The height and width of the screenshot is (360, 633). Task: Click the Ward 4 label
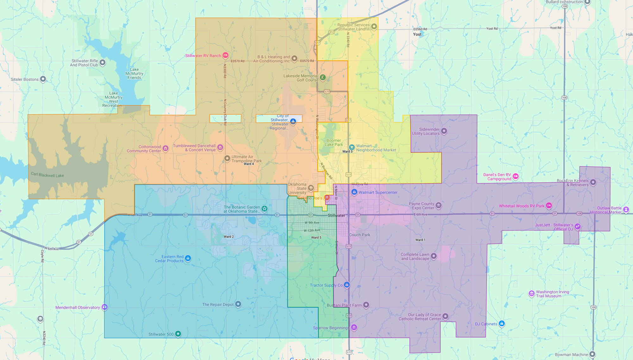click(x=249, y=164)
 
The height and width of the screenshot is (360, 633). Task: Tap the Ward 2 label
click(x=229, y=237)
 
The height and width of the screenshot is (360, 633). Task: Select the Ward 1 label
click(x=420, y=240)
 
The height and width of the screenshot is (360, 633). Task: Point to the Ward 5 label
click(x=316, y=237)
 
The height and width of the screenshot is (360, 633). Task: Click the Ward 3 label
click(x=347, y=152)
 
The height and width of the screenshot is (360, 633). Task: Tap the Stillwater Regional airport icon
click(x=293, y=121)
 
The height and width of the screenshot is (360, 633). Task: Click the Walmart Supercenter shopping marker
click(x=354, y=192)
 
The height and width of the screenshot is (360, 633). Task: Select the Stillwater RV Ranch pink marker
click(x=225, y=55)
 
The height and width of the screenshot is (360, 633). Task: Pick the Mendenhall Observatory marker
click(x=104, y=307)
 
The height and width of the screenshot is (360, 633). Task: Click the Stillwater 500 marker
click(x=178, y=333)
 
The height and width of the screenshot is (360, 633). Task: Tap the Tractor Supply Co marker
click(x=347, y=285)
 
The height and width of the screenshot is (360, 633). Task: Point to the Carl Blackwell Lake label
click(x=47, y=175)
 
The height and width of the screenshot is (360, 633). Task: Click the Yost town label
click(x=417, y=35)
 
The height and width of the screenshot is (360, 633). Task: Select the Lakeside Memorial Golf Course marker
click(x=323, y=77)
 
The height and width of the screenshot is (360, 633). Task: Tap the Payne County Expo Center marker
click(x=439, y=205)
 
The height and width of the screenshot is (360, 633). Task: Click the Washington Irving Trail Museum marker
click(x=532, y=294)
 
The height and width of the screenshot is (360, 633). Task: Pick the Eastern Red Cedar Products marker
click(x=188, y=258)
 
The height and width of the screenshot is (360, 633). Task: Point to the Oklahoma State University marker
click(x=311, y=188)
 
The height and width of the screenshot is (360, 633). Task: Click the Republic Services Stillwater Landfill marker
click(x=374, y=26)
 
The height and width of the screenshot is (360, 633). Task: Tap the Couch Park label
click(x=360, y=235)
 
